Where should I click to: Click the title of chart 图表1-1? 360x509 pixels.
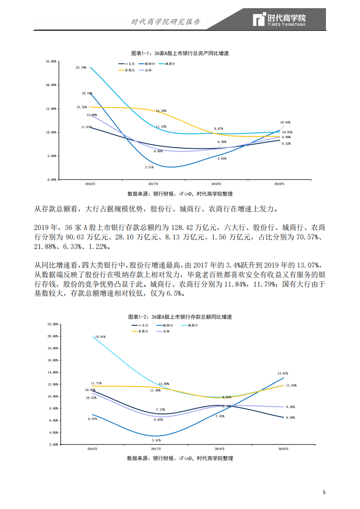[x=180, y=53]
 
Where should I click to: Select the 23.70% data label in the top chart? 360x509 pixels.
[x=81, y=68]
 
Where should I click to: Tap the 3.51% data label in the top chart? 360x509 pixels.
[x=149, y=167]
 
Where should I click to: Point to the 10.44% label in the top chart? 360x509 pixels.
[x=286, y=122]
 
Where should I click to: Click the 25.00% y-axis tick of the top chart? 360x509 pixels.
[x=51, y=61]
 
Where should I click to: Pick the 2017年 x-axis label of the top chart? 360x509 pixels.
[x=153, y=184]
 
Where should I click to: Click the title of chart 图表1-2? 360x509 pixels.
[x=180, y=316]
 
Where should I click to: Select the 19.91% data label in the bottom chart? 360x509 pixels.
[x=99, y=337]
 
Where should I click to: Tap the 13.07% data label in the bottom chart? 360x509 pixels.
[x=283, y=373]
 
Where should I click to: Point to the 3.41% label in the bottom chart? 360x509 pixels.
[x=156, y=440]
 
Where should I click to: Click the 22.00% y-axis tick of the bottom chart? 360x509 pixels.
[x=53, y=324]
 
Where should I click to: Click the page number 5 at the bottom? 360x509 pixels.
[x=324, y=492]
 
